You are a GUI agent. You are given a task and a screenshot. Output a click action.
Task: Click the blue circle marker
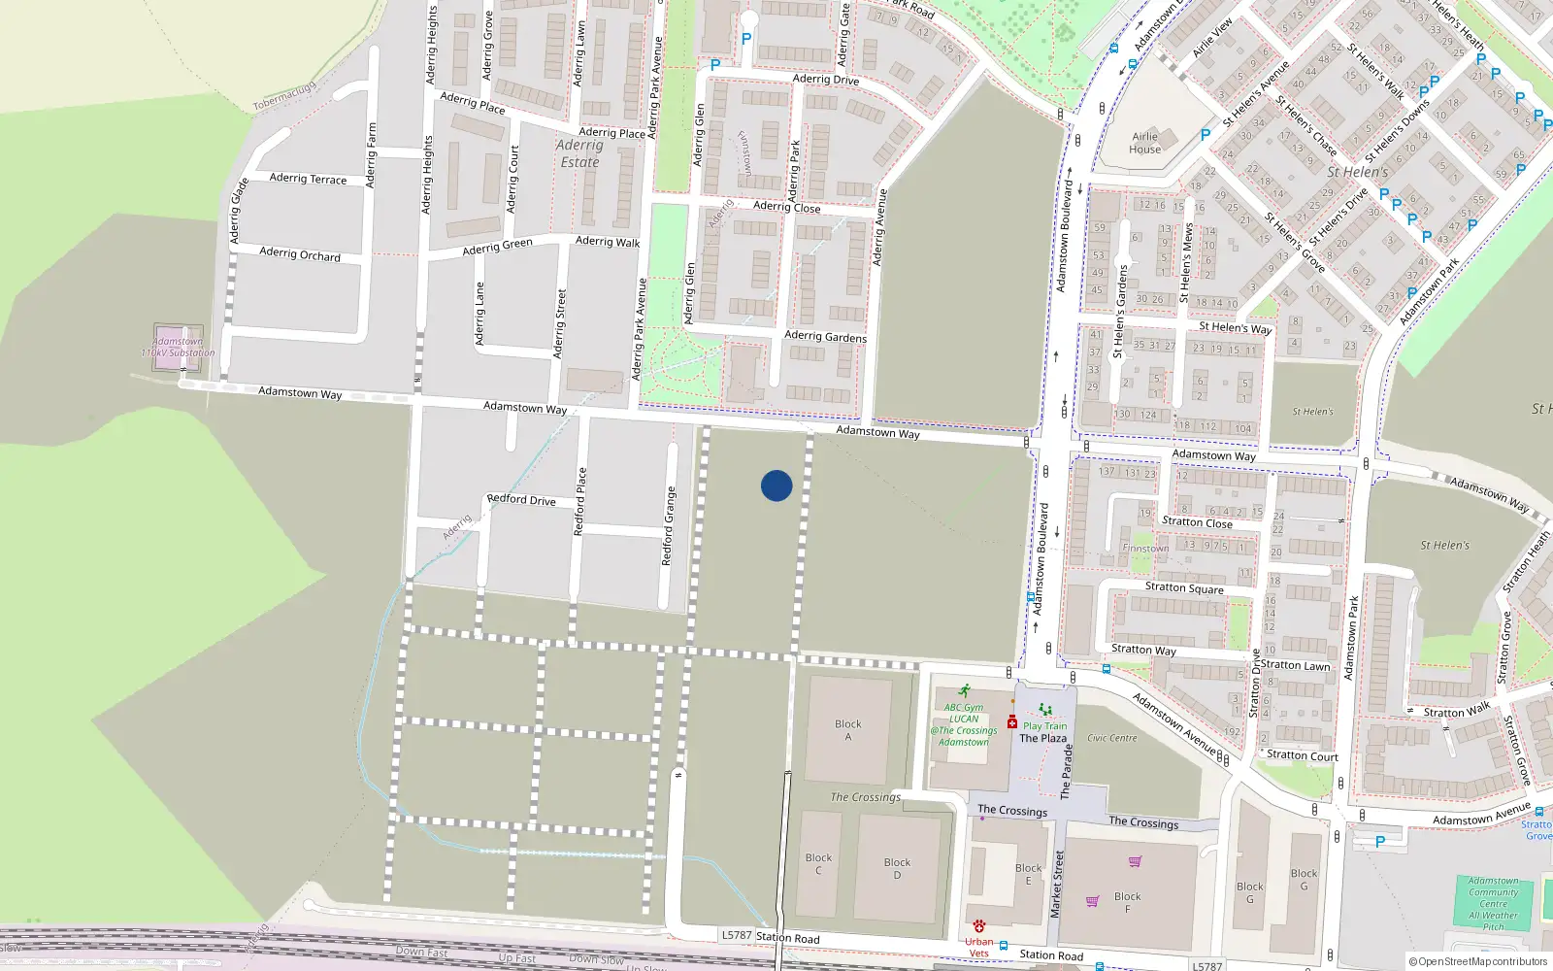click(776, 485)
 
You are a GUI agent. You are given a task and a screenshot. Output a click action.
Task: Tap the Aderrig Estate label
click(579, 153)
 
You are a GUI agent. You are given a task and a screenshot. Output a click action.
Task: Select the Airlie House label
click(1145, 143)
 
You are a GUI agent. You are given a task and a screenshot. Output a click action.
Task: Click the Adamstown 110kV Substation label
click(178, 347)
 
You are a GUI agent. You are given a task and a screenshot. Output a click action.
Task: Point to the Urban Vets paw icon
click(979, 925)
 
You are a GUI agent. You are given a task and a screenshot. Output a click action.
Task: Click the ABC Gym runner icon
click(964, 691)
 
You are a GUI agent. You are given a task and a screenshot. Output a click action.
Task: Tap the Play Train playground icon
click(1045, 710)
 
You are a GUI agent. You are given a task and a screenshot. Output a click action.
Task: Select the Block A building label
click(847, 730)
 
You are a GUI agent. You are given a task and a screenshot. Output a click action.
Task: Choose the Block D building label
click(897, 868)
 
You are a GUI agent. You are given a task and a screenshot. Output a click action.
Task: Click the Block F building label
click(1127, 902)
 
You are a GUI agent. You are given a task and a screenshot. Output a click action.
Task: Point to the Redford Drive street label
click(521, 500)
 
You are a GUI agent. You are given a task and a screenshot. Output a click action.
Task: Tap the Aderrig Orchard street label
click(300, 254)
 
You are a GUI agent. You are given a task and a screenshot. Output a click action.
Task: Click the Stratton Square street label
click(1184, 588)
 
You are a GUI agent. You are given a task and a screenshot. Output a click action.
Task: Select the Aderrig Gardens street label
click(825, 336)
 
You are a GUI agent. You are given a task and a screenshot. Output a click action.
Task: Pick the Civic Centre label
click(1111, 738)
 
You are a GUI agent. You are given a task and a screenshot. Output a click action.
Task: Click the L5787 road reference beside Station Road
click(737, 935)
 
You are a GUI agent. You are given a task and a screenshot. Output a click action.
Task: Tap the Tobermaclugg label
click(284, 96)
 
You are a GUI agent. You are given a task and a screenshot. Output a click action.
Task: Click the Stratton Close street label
click(1197, 522)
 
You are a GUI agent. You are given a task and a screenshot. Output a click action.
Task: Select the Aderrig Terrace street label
click(308, 179)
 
